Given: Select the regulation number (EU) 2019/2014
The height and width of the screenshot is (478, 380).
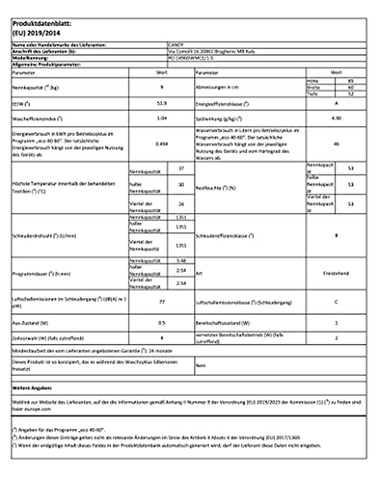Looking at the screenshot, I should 36,33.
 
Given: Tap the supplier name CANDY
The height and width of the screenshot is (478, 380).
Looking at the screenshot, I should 175,45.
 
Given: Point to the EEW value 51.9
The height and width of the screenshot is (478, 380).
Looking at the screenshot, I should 162,103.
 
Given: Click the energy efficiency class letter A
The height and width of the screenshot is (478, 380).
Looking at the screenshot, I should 336,103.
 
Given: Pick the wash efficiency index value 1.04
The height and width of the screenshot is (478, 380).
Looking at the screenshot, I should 162,118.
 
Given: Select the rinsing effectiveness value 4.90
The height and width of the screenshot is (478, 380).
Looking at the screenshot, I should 336,118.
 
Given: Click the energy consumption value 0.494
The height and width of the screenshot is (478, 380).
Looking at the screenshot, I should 162,144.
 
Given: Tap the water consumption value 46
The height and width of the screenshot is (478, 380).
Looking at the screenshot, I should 336,144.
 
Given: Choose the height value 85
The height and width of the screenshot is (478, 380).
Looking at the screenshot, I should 351,81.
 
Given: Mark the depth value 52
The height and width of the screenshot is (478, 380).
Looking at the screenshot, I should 351,94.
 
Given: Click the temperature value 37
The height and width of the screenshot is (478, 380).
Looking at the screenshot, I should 181,168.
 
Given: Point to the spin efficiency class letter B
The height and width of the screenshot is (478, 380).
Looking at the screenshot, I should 336,235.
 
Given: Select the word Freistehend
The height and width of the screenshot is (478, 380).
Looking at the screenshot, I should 336,273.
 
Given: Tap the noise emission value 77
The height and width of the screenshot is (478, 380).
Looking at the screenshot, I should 162,302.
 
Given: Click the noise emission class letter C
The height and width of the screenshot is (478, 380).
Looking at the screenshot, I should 336,302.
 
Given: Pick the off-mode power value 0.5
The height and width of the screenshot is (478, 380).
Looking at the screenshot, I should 162,323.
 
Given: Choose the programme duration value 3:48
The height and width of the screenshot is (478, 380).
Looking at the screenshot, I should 181,261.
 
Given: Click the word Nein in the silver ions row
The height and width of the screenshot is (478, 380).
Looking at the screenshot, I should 201,365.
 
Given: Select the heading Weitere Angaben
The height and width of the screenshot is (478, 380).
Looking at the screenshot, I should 32,388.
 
